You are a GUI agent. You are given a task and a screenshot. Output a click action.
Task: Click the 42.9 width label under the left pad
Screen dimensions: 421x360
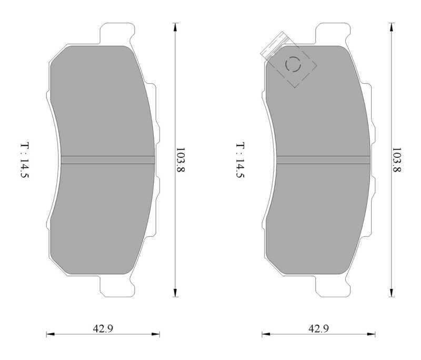pos(103,328)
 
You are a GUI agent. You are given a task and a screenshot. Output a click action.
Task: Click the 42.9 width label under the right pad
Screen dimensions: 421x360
pos(318,328)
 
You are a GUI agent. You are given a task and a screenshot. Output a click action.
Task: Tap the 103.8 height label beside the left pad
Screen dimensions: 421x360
pos(180,159)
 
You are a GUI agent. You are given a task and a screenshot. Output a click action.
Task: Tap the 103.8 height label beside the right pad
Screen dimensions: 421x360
pos(397,159)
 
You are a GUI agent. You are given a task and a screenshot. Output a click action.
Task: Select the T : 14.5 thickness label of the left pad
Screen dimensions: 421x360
pos(25,161)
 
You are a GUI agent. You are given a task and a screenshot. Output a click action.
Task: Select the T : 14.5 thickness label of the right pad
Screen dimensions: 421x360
pos(240,161)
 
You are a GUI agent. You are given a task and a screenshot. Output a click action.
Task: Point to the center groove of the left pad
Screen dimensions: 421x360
pos(108,160)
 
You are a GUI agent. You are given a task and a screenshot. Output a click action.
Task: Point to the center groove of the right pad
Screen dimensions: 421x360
pos(323,160)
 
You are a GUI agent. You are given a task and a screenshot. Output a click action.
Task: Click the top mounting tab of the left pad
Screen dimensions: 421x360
pos(117,34)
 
